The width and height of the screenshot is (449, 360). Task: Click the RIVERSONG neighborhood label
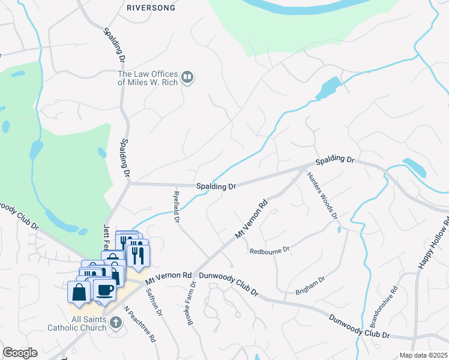(x=150, y=8)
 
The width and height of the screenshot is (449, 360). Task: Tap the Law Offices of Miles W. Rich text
(x=148, y=79)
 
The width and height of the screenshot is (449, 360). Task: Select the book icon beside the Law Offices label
(x=187, y=77)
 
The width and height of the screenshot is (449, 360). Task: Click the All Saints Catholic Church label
(x=77, y=323)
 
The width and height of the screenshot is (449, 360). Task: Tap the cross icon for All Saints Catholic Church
(x=115, y=323)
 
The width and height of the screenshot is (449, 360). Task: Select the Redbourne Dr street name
(x=270, y=249)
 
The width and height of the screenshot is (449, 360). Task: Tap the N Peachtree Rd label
(x=140, y=325)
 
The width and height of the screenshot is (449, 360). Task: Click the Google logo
(x=20, y=353)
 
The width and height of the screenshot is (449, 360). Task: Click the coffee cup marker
(x=106, y=290)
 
